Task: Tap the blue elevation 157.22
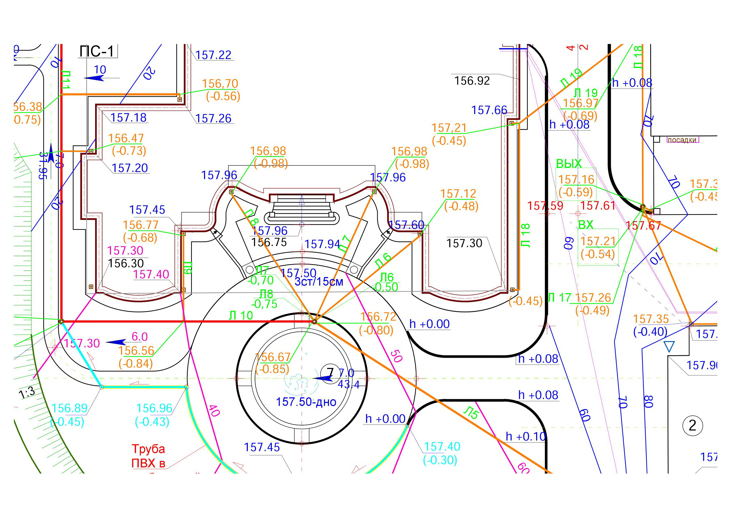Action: point(213,55)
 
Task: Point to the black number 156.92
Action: point(472,81)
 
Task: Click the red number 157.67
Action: point(643,226)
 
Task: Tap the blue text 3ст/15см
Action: point(319,282)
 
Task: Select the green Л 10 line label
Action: point(241,316)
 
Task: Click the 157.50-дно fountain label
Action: point(306,402)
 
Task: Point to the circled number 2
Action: point(692,425)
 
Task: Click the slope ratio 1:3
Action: point(27,393)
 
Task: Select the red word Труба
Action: point(148,449)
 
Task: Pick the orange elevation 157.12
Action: point(458,194)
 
